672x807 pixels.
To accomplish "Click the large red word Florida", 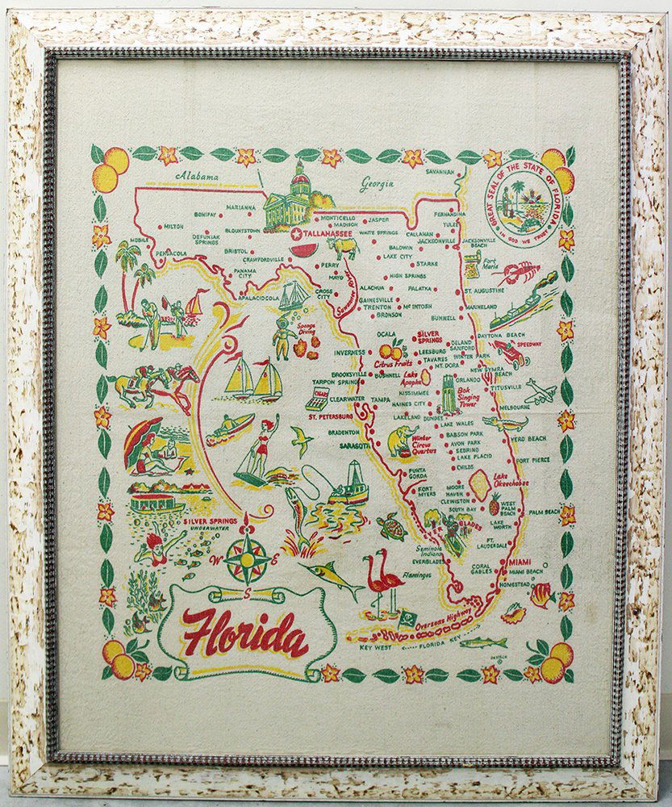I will [x=245, y=632].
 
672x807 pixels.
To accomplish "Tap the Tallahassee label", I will [x=326, y=233].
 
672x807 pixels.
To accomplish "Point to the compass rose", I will [x=248, y=557].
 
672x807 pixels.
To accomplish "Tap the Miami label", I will [x=520, y=562].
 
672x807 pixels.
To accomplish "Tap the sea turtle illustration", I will [x=394, y=528].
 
